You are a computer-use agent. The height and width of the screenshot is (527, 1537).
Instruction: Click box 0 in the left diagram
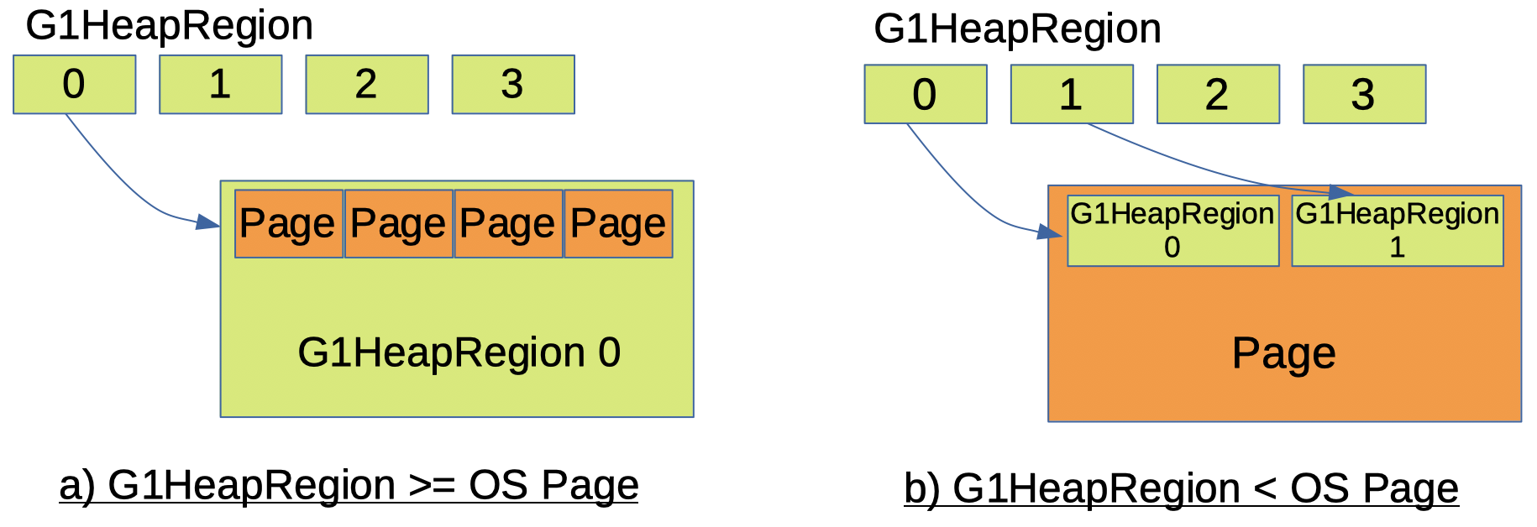(x=74, y=84)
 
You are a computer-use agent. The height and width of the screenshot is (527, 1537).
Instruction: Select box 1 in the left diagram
(x=220, y=84)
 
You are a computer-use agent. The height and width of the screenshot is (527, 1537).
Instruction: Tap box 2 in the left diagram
(x=366, y=84)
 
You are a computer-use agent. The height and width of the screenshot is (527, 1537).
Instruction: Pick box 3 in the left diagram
(x=512, y=84)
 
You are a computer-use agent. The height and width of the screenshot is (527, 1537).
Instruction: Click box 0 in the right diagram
(x=925, y=94)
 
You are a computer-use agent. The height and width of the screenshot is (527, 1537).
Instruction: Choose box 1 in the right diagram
(x=1071, y=94)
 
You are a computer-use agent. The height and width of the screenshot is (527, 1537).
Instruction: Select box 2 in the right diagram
(x=1217, y=94)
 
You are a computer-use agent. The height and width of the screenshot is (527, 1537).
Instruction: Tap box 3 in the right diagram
(x=1363, y=94)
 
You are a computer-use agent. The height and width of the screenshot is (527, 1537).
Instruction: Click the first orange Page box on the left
(x=288, y=223)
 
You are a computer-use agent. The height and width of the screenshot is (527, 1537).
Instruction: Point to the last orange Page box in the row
(x=618, y=223)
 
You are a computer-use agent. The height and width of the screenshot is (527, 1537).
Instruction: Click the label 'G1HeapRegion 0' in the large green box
(x=459, y=352)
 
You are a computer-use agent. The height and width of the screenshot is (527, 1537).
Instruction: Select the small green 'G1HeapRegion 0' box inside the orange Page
(x=1172, y=231)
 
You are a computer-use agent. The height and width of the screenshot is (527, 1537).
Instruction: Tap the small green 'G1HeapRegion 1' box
(x=1397, y=231)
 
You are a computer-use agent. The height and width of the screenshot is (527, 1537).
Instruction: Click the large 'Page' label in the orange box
(x=1283, y=353)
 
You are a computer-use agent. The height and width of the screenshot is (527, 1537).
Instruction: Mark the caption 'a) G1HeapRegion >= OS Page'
(x=349, y=485)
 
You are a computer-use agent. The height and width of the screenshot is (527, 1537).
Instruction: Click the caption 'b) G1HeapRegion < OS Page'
(x=1181, y=488)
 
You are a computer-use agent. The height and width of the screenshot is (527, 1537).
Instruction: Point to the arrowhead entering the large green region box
(x=208, y=222)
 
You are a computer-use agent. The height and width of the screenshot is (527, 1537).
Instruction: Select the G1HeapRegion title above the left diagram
(x=169, y=25)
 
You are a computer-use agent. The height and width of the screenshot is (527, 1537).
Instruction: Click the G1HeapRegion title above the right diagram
(x=1017, y=29)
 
